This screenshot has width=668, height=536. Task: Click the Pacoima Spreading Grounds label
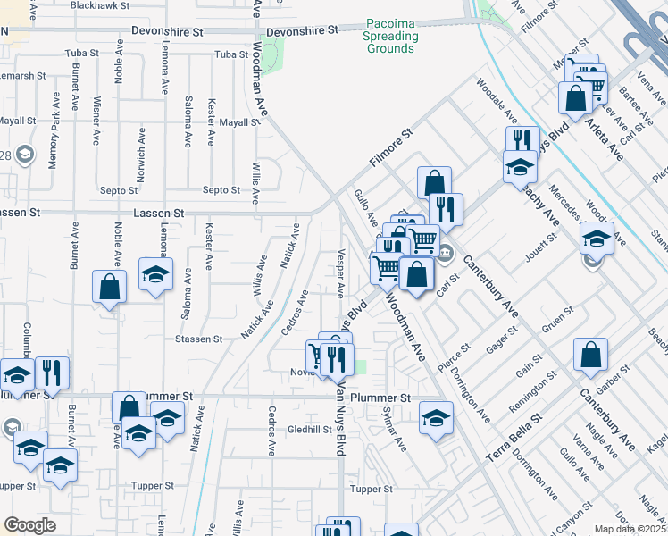tap(390, 42)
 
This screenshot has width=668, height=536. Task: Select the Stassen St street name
tap(198, 339)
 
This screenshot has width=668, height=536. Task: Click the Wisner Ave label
tap(96, 121)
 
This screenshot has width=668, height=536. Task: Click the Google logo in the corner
tap(29, 525)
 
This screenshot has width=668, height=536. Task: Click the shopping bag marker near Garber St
tap(590, 355)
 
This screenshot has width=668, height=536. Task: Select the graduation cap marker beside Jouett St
tap(597, 238)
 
